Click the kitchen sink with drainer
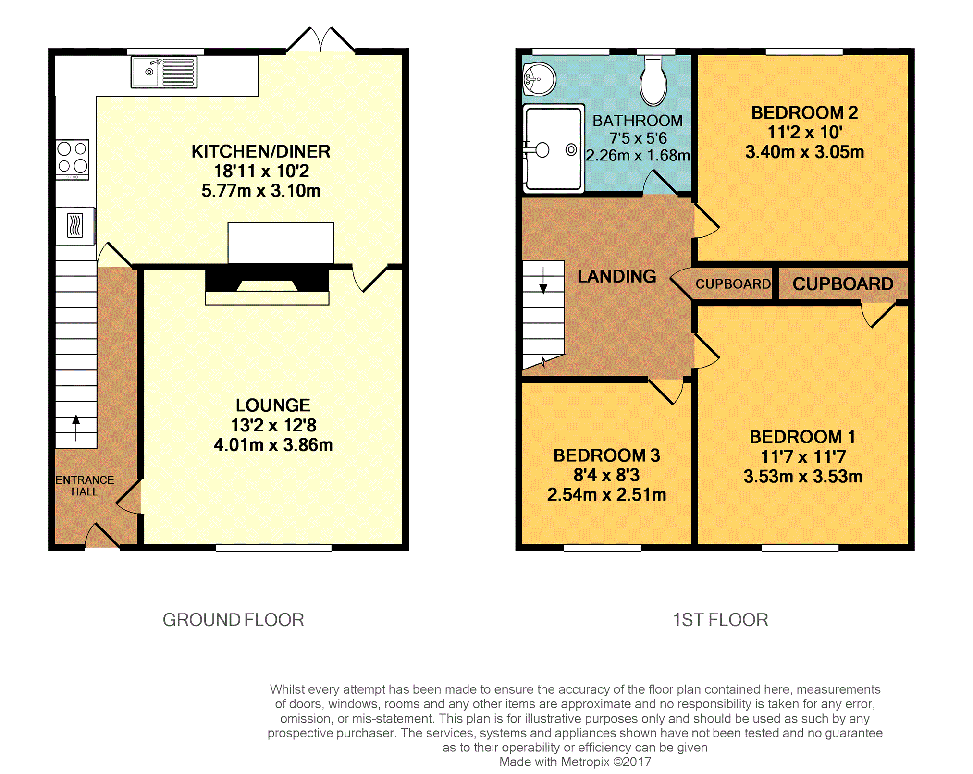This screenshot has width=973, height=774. click(x=164, y=72)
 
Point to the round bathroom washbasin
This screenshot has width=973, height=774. click(x=539, y=79)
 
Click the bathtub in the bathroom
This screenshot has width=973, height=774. click(x=554, y=148)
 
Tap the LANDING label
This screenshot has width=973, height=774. click(x=616, y=276)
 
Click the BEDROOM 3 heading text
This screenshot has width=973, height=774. click(x=606, y=455)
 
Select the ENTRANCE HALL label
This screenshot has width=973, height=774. click(x=85, y=486)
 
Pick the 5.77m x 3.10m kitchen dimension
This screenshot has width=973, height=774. click(x=261, y=191)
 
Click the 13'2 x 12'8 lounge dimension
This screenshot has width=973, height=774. click(x=273, y=425)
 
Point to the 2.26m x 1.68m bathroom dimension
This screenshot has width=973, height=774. click(x=638, y=155)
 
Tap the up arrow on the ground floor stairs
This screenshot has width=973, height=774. click(x=76, y=427)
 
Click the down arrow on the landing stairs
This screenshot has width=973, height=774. click(x=543, y=281)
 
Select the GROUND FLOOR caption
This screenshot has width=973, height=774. click(x=234, y=620)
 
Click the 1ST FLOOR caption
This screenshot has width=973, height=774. click(x=720, y=620)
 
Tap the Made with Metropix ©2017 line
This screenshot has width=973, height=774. click(x=575, y=762)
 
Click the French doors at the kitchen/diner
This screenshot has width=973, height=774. click(x=320, y=40)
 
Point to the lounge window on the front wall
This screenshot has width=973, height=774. click(x=274, y=548)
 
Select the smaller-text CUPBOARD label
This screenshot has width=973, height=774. click(x=733, y=284)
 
